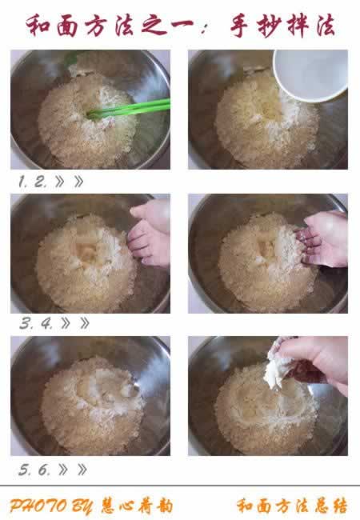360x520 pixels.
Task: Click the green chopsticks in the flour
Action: pyautogui.click(x=132, y=108)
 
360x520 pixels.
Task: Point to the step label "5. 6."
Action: pyautogui.click(x=34, y=470)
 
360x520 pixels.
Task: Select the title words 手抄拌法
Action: pyautogui.click(x=284, y=26)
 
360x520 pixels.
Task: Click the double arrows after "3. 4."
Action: pyautogui.click(x=74, y=324)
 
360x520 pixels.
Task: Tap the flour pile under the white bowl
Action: pyautogui.click(x=264, y=124)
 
